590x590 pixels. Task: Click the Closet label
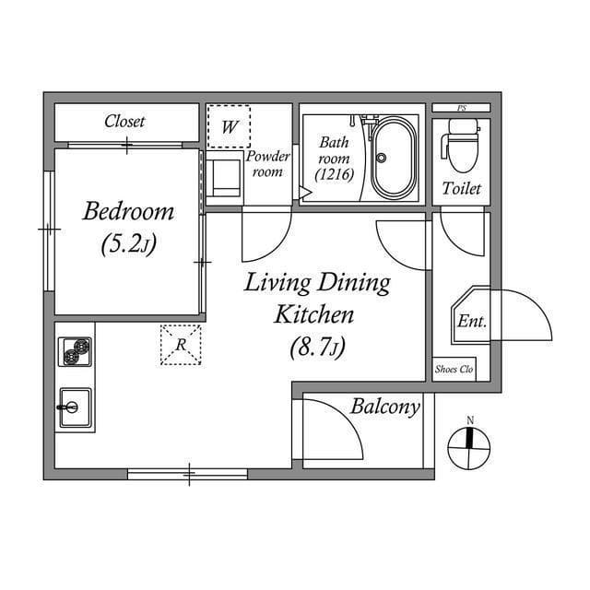(124, 122)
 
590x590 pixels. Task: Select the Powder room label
(268, 163)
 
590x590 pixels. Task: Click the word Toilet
(461, 189)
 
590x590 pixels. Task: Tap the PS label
(461, 108)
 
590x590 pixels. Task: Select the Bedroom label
(128, 212)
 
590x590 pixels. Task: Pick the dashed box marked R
(182, 345)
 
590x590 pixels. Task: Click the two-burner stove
(76, 352)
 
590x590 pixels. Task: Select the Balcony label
(385, 407)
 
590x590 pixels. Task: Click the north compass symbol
(469, 449)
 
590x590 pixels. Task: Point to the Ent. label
(472, 321)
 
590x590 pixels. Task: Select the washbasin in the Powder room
(224, 177)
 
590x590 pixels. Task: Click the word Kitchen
(314, 314)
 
